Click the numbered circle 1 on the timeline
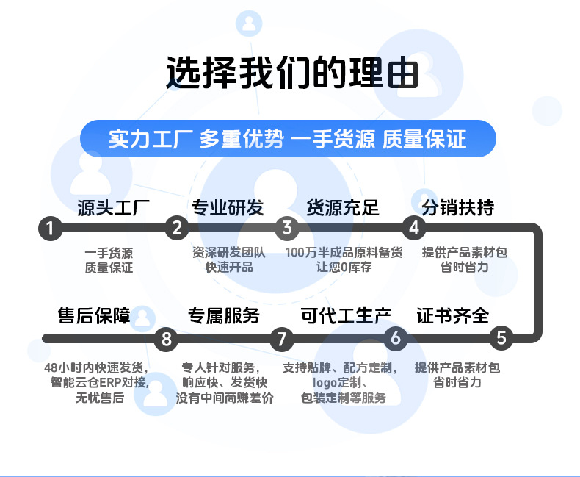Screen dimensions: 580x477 51,229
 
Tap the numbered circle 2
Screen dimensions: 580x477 177,228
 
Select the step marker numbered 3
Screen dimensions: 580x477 286,228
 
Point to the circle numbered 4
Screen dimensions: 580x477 414,228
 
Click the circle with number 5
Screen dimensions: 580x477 501,338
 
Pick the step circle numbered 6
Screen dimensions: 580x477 396,338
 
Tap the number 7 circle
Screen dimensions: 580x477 281,339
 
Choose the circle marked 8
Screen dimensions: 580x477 167,339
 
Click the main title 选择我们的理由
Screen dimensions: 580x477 292,73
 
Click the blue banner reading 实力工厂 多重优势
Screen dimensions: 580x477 288,138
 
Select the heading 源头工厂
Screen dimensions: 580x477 114,207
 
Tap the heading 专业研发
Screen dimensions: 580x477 228,207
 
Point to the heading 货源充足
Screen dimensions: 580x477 343,207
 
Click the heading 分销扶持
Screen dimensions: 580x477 458,207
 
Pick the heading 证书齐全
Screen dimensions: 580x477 453,316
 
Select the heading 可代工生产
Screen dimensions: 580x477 346,316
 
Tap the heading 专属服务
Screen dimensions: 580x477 224,316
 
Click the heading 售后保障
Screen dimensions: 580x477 94,316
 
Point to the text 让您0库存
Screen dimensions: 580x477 344,267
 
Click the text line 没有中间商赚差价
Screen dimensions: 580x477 225,398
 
